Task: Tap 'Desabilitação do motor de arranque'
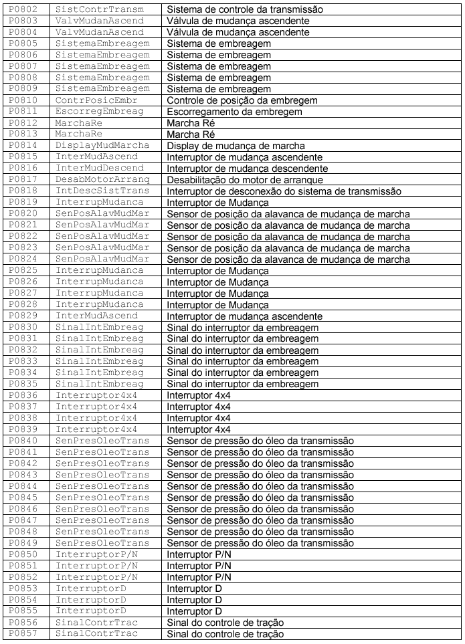click(x=245, y=179)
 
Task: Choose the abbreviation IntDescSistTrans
click(x=102, y=191)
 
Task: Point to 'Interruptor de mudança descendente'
click(x=247, y=168)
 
